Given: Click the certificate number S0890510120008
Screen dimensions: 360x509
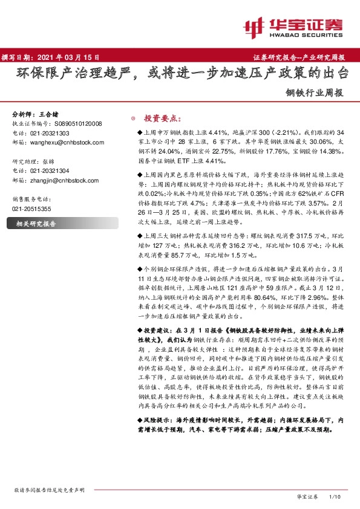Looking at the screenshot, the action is [73, 123].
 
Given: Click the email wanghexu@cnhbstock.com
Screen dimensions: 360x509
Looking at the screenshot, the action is [67, 142].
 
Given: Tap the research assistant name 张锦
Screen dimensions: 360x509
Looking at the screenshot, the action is [54, 161].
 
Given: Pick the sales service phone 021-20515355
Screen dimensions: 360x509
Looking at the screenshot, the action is [32, 209].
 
